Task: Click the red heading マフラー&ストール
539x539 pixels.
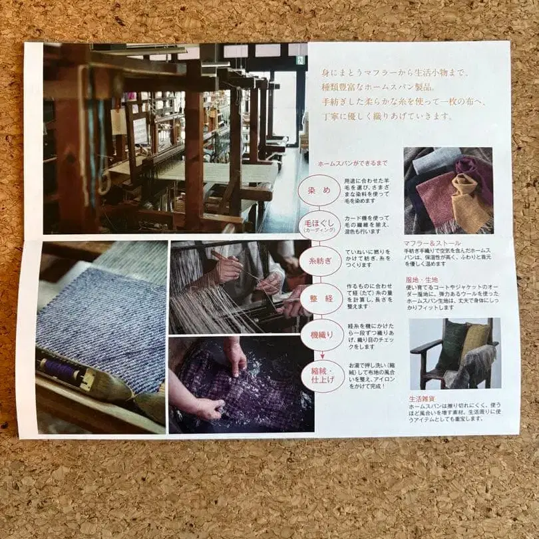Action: click(x=432, y=244)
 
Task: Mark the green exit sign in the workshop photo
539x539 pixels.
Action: click(x=301, y=59)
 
